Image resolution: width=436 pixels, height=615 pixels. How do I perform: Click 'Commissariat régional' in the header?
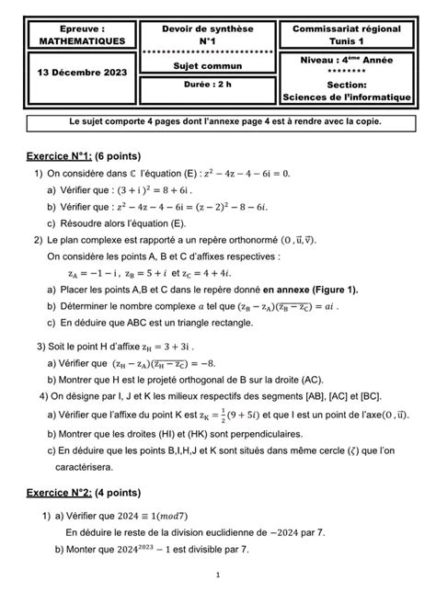point(347,29)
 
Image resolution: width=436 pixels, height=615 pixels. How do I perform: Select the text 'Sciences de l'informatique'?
point(347,96)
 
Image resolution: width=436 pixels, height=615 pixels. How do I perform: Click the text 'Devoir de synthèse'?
point(204,29)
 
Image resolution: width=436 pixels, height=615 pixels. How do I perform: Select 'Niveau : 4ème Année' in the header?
point(347,59)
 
